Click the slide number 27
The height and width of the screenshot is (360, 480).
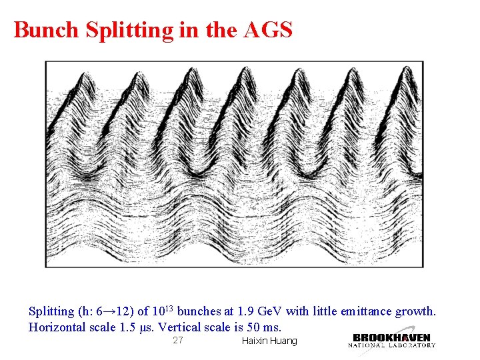177,341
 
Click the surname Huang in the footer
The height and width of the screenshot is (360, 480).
283,341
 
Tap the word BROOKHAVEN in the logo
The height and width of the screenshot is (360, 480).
392,337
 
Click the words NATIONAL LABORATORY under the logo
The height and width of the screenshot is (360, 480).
392,345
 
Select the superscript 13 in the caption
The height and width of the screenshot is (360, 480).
169,308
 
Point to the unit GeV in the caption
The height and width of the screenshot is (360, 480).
268,311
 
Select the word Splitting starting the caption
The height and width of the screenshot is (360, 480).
51,311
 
